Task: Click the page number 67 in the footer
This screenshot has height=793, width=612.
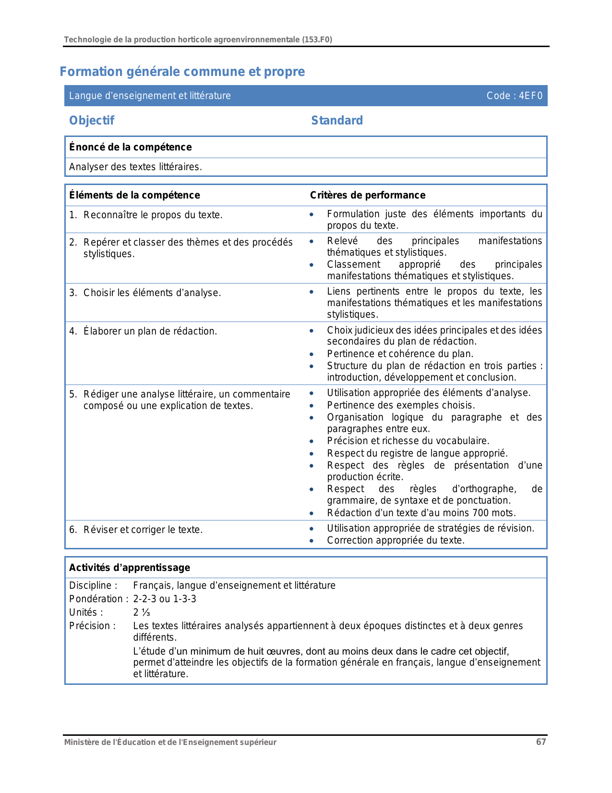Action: pos(541,742)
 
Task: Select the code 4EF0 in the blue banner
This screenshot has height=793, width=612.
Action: pos(530,96)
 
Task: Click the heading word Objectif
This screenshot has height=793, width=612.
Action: pos(92,121)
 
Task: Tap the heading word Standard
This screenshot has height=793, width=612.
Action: pos(337,121)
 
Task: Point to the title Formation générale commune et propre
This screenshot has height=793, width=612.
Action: pos(182,72)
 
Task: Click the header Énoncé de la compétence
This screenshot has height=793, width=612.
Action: pos(131,147)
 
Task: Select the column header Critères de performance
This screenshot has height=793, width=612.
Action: pos(368,195)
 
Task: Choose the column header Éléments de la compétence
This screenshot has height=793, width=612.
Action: pos(134,195)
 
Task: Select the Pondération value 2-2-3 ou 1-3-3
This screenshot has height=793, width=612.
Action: pos(165,599)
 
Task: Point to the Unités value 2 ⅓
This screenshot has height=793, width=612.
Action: pos(142,612)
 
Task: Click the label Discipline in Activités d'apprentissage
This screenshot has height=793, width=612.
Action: pos(91,585)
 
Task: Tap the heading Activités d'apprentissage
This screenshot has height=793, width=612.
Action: pos(130,568)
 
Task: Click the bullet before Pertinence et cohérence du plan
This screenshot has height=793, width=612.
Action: pos(312,354)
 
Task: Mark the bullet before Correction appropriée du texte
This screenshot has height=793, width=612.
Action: pos(312,541)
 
